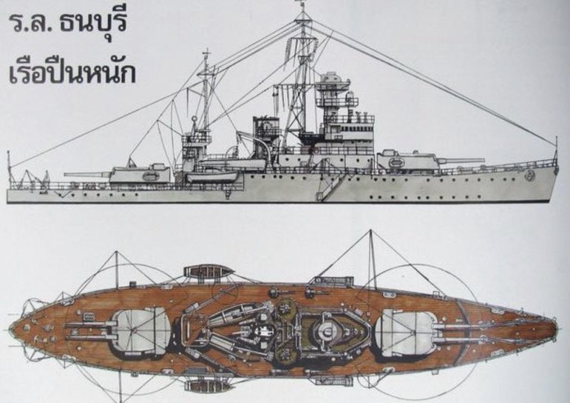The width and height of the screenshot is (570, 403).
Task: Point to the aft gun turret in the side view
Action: pyautogui.click(x=140, y=174)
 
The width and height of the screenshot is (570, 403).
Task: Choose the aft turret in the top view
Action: pyautogui.click(x=140, y=331)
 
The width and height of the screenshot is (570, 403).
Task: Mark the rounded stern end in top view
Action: pyautogui.click(x=16, y=326)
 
